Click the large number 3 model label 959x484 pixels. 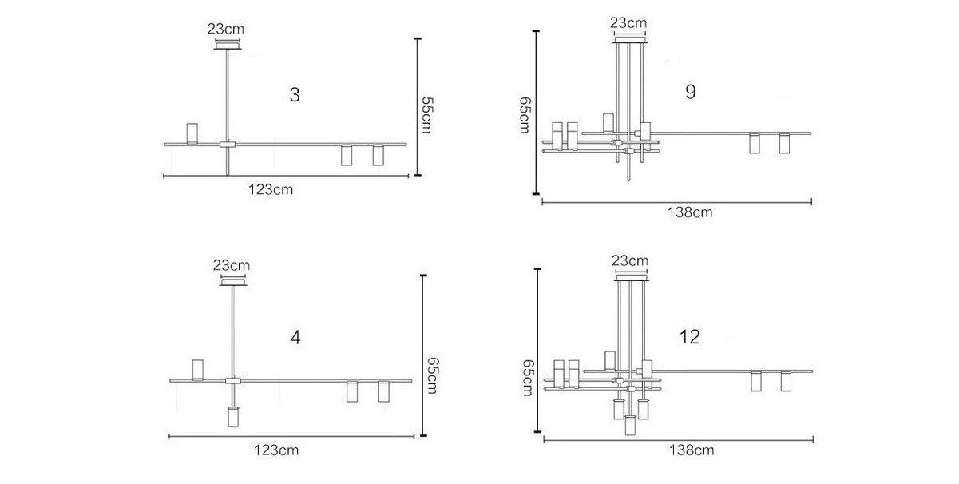pos(295,95)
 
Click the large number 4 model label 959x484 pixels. pos(295,338)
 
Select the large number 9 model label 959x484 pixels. pos(691,92)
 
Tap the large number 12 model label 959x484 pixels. pos(690,337)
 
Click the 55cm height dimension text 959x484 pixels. pos(427,115)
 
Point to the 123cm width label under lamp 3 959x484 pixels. pos(271,189)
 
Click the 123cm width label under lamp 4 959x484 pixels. pos(276,450)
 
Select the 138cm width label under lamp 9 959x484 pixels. pos(690,212)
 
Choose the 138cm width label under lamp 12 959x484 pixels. pos(692,450)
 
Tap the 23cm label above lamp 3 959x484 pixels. pos(226,29)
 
